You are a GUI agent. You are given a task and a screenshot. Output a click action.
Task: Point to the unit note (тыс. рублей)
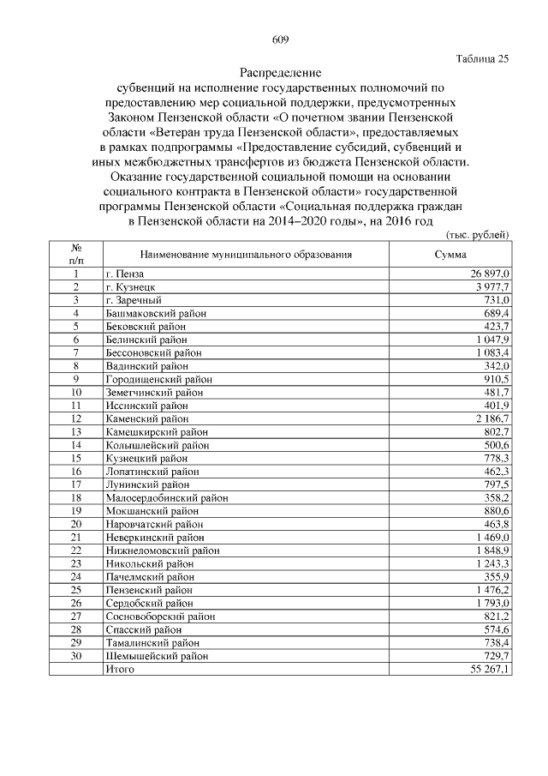click(x=478, y=234)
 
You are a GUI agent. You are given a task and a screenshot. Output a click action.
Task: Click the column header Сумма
click(x=450, y=255)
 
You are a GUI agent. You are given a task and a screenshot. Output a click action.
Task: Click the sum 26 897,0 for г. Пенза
click(x=489, y=273)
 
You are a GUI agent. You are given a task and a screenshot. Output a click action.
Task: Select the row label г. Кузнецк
click(x=130, y=286)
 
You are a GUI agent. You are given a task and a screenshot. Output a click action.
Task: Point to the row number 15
click(x=76, y=458)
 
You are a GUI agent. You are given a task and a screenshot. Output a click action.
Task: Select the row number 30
click(x=76, y=656)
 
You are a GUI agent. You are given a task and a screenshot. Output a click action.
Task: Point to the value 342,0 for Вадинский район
click(x=496, y=365)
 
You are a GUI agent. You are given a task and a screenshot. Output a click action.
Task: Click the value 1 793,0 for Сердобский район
click(x=492, y=603)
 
